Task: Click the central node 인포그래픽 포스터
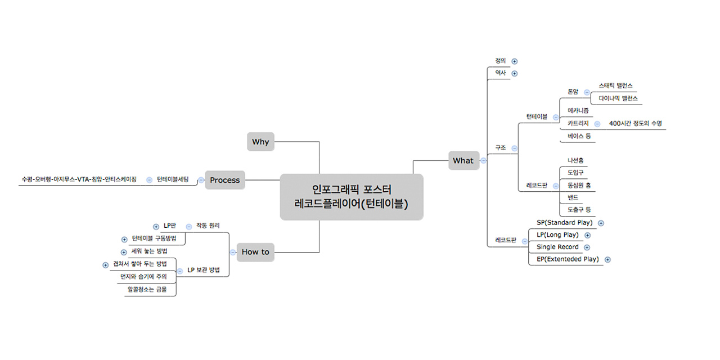[x=352, y=197]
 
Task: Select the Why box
[x=260, y=142]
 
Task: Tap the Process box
[x=225, y=180]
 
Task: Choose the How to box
[x=255, y=252]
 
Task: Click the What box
[x=463, y=160]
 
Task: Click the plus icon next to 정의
[x=514, y=61]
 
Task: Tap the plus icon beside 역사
[x=514, y=74]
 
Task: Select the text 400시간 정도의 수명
[x=635, y=124]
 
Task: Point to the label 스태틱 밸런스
[x=615, y=85]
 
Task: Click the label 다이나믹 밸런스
[x=618, y=98]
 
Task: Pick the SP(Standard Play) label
[x=564, y=223]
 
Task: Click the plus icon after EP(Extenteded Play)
[x=607, y=260]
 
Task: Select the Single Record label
[x=557, y=247]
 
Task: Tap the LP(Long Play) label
[x=557, y=235]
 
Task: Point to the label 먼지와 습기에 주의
[x=143, y=277]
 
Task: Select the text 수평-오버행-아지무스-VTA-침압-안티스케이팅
[x=79, y=180]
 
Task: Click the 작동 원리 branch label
[x=208, y=226]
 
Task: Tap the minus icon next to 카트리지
[x=597, y=124]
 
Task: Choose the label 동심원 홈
[x=579, y=185]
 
